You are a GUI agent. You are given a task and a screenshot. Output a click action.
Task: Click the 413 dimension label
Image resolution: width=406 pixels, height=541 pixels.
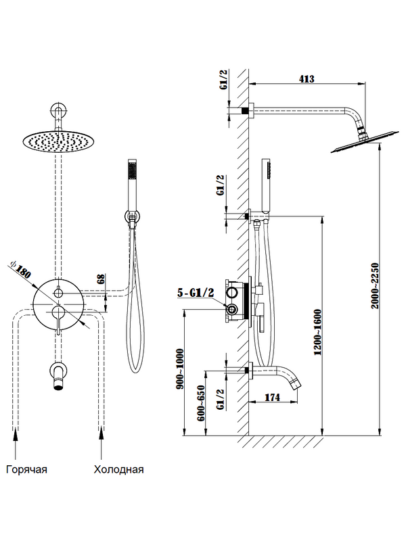(x=307, y=79)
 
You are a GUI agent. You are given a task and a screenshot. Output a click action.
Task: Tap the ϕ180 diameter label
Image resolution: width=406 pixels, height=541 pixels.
(x=20, y=269)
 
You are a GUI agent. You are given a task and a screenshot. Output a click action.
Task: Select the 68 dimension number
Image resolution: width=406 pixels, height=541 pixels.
(x=100, y=278)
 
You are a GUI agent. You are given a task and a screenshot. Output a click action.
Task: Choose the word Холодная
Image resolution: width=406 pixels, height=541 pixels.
(x=118, y=469)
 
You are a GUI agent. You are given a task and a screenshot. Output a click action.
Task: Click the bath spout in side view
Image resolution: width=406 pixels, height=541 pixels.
(x=277, y=373)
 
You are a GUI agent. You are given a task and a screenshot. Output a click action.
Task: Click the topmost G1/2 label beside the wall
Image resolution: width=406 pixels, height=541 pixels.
(x=224, y=80)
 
